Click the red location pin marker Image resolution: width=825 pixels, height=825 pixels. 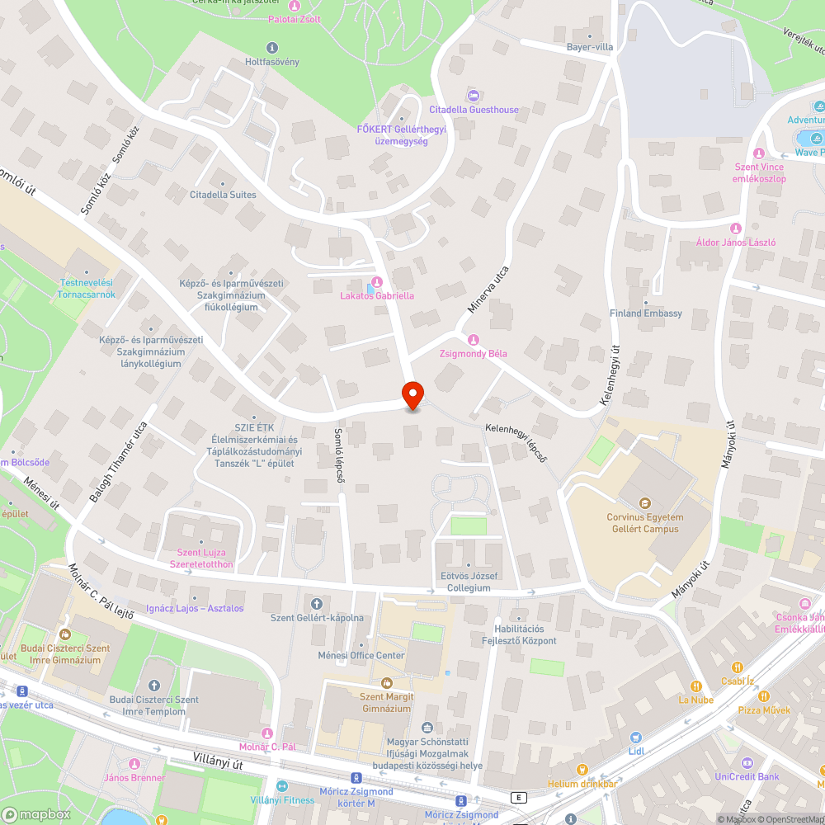click(412, 394)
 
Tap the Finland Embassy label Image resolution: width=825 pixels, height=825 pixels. click(646, 313)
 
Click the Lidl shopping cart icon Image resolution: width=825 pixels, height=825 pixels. click(635, 738)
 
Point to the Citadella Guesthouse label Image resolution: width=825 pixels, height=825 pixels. click(474, 110)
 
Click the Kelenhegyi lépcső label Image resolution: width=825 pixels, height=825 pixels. click(516, 441)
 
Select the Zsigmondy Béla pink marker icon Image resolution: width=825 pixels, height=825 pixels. click(474, 340)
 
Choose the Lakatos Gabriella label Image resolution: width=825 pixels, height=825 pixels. click(377, 295)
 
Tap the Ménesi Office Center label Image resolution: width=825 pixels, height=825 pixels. click(361, 656)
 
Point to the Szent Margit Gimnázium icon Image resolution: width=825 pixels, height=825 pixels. click(385, 682)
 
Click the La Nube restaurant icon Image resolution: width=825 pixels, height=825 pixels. click(696, 686)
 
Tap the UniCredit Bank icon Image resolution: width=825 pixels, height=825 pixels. click(747, 762)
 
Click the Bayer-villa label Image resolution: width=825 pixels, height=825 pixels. click(589, 47)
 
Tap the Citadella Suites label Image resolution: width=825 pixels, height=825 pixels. click(223, 195)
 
